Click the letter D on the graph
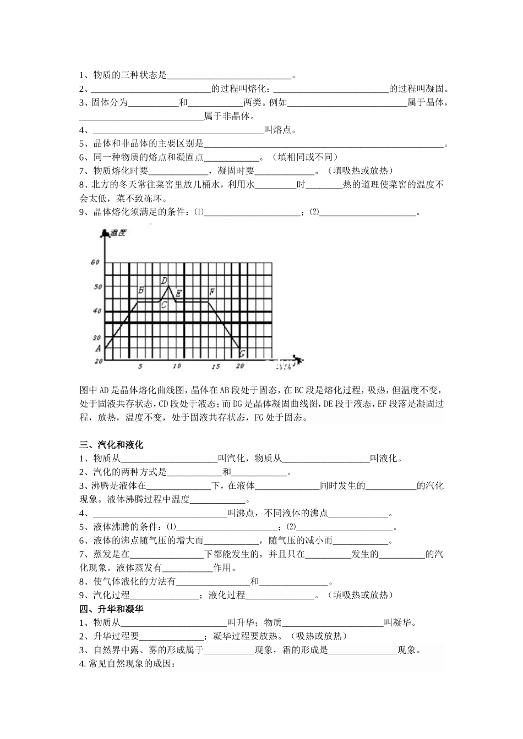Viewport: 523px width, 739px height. [164, 280]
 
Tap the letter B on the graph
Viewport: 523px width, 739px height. [141, 290]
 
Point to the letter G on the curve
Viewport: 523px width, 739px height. [242, 353]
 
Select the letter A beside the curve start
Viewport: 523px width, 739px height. [98, 348]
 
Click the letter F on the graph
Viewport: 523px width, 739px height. [212, 291]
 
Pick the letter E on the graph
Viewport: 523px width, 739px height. [178, 293]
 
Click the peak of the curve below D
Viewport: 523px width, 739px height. [168, 286]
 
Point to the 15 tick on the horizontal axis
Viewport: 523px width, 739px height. [216, 366]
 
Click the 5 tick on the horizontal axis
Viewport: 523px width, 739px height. [140, 366]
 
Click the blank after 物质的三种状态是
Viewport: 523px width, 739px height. [228, 76]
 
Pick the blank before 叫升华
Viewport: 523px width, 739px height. [173, 624]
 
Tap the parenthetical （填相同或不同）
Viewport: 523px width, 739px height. [306, 157]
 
